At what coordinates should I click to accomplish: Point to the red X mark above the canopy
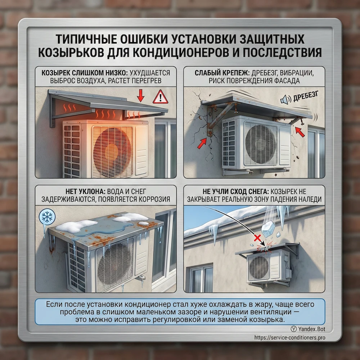click(x=257, y=238)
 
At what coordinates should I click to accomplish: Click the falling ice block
click(x=268, y=229)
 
